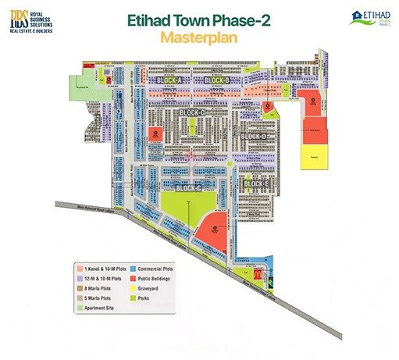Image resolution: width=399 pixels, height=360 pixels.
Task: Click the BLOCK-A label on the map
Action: click(x=169, y=80)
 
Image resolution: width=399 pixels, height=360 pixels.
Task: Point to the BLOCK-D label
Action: click(x=255, y=137)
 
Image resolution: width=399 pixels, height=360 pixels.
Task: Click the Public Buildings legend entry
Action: click(x=159, y=278)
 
